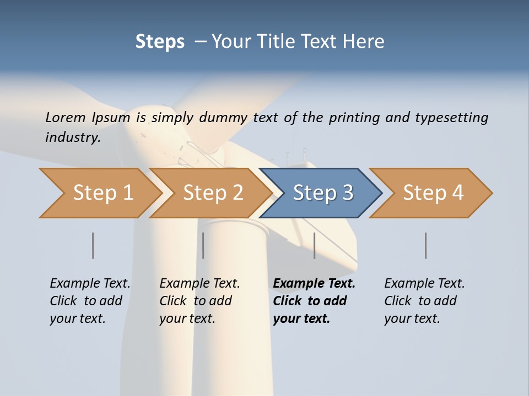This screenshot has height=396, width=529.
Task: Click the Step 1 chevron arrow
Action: (99, 193)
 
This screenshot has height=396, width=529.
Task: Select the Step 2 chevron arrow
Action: (210, 193)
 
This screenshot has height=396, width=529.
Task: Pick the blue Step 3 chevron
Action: (321, 193)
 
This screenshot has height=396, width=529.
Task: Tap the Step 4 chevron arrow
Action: (431, 193)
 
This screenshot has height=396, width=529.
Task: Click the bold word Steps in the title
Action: (160, 42)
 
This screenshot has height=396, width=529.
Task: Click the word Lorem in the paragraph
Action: (66, 117)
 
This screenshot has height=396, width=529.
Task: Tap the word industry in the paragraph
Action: (72, 137)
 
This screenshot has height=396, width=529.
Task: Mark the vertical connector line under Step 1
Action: (93, 245)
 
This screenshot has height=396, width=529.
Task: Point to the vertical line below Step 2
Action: (203, 245)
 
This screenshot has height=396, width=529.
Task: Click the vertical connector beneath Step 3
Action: (314, 245)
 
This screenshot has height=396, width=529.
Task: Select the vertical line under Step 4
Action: (425, 245)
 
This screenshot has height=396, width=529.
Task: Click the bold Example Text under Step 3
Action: (314, 284)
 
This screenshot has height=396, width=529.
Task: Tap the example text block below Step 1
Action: (90, 301)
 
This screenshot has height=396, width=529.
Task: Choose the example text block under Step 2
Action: (199, 301)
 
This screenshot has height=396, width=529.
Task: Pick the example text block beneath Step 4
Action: (424, 301)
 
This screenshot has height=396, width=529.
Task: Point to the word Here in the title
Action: (366, 42)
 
